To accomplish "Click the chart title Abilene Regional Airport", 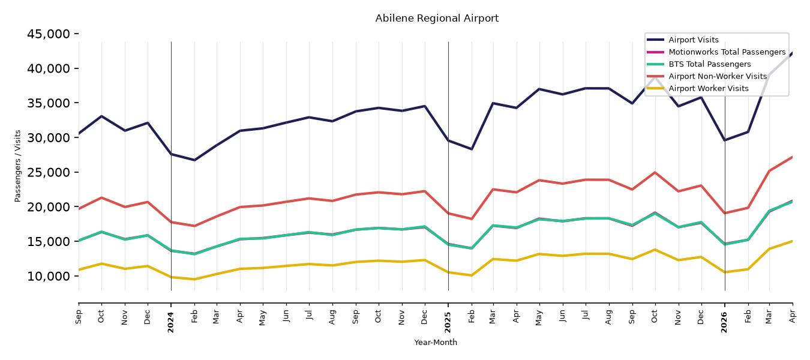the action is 436,18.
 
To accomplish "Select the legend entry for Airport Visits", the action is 693,40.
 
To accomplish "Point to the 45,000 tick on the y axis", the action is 49,34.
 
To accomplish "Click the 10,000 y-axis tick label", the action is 49,276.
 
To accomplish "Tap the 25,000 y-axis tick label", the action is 49,172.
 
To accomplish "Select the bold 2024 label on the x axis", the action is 170,322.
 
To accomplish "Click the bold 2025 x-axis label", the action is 448,322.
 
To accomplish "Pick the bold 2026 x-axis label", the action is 724,322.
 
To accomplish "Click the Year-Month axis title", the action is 436,342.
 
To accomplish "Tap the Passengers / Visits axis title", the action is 17,166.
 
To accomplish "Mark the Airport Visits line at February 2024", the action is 194,160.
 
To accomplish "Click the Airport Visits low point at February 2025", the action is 472,149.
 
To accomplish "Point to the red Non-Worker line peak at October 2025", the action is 655,172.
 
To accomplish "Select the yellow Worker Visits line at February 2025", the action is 472,275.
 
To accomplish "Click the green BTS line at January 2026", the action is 725,244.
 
